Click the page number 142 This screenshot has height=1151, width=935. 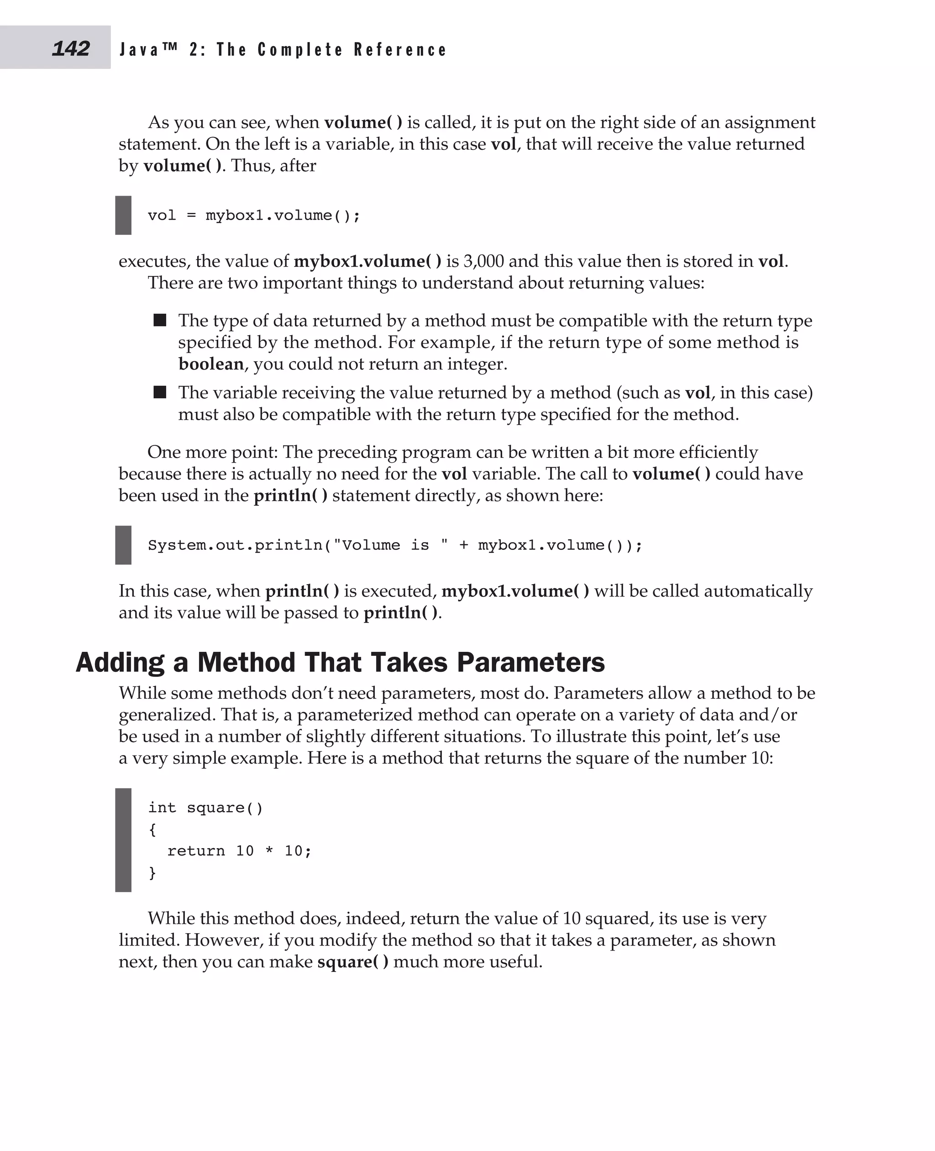pos(71,48)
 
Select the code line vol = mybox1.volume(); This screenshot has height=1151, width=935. pos(254,216)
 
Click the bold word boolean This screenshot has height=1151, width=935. pos(210,364)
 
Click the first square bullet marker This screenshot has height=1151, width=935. pos(160,320)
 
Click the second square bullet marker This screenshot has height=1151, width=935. pos(160,392)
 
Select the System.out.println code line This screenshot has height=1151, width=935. pos(395,545)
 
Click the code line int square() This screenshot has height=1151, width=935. pos(205,808)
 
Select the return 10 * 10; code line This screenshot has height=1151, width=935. pos(239,851)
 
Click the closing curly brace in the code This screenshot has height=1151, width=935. pos(152,872)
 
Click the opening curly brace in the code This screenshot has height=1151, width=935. pos(152,830)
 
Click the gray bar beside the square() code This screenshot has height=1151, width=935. pos(123,840)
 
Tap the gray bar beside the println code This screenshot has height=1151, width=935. pos(123,545)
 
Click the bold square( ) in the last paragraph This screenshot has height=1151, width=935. pos(352,962)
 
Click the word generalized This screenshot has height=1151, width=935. pos(165,715)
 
